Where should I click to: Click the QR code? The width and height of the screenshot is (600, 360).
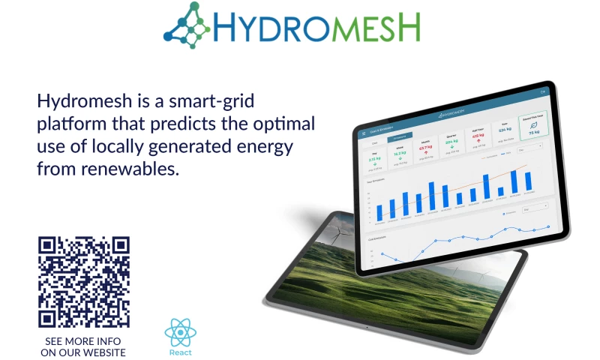coord(84,282)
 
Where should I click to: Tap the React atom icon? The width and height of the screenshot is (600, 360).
coord(180,332)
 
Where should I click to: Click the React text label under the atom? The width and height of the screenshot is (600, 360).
coord(180,352)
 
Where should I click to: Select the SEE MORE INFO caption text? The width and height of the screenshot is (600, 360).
coord(83,341)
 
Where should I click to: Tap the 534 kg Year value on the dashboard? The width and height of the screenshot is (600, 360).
coord(505,132)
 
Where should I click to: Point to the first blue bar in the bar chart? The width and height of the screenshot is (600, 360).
coord(379,211)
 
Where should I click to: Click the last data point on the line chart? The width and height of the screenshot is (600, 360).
coord(548,226)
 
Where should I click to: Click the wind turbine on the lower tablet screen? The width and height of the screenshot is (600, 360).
coord(342,234)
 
